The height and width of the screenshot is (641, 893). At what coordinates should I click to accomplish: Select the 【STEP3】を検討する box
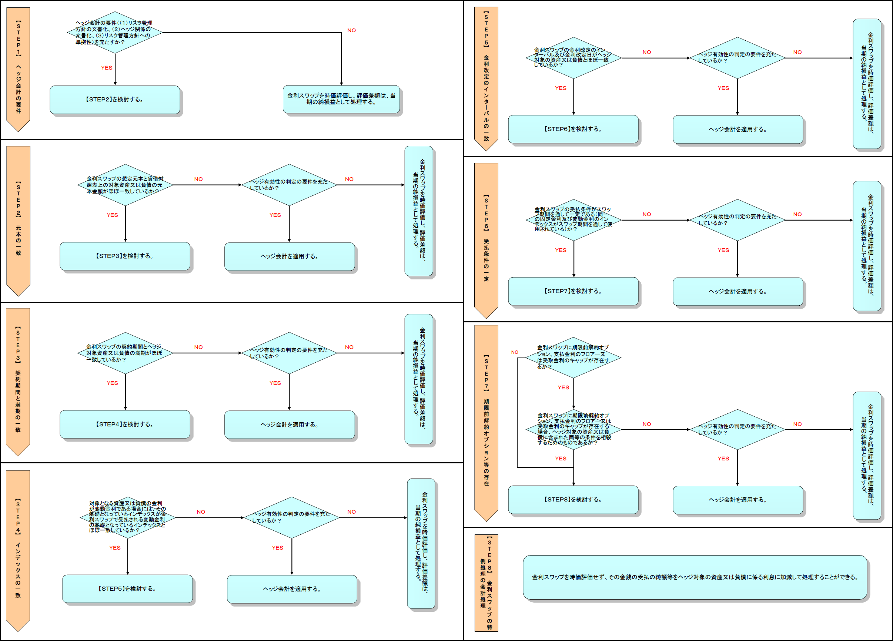(125, 256)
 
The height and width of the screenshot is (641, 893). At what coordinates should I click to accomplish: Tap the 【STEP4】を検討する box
(125, 424)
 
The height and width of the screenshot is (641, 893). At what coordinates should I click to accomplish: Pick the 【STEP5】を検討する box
(127, 589)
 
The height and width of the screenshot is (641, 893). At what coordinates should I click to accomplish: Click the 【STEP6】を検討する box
(573, 129)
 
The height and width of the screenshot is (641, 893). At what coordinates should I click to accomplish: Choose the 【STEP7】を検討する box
(573, 291)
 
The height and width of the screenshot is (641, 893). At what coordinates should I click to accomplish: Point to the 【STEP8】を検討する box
(573, 499)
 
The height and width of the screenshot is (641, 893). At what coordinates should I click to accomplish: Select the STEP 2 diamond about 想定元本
(125, 185)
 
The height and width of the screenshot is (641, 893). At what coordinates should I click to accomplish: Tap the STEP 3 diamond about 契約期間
(125, 353)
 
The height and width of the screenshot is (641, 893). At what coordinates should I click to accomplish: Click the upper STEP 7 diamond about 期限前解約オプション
(573, 357)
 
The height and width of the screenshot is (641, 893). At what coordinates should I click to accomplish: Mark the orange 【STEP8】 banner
(486, 583)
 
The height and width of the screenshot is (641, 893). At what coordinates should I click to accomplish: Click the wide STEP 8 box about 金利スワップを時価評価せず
(695, 577)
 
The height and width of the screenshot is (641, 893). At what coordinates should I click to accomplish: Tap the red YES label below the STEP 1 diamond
(107, 68)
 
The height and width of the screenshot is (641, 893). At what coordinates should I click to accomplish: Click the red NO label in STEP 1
(351, 30)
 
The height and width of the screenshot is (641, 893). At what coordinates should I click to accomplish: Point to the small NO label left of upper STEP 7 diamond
(515, 352)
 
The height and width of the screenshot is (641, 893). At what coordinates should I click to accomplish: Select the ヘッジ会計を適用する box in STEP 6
(738, 292)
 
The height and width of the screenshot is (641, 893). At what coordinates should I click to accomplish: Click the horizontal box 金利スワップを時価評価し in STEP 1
(341, 99)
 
